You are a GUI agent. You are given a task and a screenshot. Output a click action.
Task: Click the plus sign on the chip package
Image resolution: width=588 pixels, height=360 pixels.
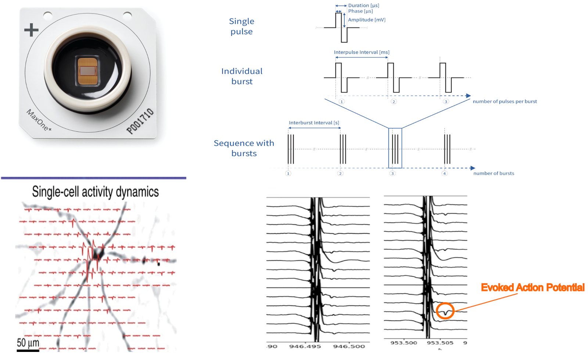click(x=31, y=30)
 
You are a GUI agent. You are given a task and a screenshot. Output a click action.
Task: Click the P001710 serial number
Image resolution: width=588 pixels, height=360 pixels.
click(x=140, y=121)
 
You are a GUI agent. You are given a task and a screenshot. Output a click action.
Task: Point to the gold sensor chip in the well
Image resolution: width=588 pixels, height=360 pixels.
click(x=88, y=71)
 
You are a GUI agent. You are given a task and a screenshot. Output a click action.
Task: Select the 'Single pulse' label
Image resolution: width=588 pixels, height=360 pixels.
click(x=241, y=26)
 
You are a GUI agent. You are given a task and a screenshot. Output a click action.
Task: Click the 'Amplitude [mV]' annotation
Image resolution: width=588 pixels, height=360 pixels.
click(x=367, y=20)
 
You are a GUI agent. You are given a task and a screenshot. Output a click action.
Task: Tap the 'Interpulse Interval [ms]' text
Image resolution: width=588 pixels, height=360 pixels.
click(x=361, y=52)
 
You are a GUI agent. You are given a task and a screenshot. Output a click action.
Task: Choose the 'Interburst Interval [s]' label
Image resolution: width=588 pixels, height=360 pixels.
click(x=314, y=123)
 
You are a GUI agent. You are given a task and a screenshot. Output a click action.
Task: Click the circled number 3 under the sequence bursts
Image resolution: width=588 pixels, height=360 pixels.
click(x=392, y=174)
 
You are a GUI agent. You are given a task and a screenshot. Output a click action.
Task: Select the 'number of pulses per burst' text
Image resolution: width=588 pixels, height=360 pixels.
click(x=505, y=101)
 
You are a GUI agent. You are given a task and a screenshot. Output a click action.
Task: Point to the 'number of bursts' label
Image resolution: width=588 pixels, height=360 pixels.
click(x=494, y=173)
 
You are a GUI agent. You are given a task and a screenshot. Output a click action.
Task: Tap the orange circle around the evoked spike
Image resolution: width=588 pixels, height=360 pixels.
click(x=445, y=311)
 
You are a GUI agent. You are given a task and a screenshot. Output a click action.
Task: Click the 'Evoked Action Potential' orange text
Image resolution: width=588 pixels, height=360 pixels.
click(x=533, y=288)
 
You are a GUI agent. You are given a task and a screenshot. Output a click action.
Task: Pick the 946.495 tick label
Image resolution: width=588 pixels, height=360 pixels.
click(x=305, y=346)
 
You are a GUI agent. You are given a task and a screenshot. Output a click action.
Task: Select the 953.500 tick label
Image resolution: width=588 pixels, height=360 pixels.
click(x=404, y=343)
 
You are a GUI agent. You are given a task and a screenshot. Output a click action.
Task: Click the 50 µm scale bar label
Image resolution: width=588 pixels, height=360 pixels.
click(x=28, y=343)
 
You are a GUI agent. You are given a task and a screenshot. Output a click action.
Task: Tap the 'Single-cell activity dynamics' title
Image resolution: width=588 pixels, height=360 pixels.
click(x=96, y=192)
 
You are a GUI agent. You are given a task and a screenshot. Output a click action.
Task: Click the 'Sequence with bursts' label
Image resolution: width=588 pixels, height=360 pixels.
click(x=244, y=148)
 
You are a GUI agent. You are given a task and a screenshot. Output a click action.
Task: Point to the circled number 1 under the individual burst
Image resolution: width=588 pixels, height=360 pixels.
click(x=342, y=102)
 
